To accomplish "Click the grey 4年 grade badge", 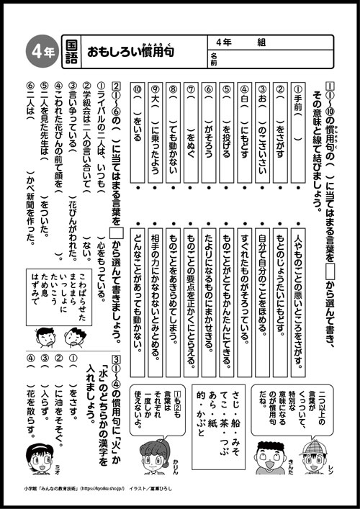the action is tap(38, 51).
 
